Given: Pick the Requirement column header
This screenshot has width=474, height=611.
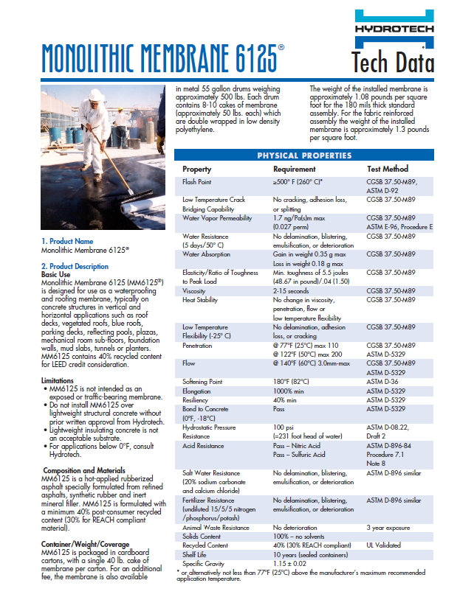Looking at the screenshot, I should [x=294, y=169].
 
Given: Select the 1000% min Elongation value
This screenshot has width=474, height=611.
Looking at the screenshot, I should [x=289, y=390].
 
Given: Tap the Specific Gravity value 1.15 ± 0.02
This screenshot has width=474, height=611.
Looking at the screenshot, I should [x=291, y=562].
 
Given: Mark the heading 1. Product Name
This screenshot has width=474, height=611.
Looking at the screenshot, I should [x=67, y=241].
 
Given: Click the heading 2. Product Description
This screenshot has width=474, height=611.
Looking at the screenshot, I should [x=75, y=266].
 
